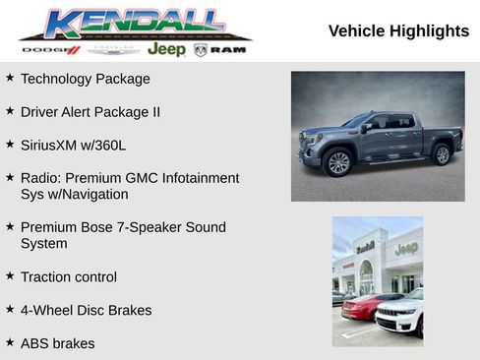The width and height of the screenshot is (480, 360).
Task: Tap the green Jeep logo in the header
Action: tap(166, 49)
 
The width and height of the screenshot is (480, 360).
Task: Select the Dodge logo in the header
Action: tap(50, 49)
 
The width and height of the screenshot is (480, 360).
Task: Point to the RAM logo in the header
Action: tap(220, 49)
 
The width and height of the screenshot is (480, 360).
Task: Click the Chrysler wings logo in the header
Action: tap(113, 49)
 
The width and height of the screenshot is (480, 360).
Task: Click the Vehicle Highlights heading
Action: tap(398, 31)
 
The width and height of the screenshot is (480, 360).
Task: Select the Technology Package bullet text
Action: tap(86, 79)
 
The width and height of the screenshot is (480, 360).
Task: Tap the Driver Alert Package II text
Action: tap(90, 112)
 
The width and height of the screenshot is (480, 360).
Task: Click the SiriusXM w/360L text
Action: tap(74, 145)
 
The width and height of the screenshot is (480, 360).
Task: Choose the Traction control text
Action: tap(69, 276)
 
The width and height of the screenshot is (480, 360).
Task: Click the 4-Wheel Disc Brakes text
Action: tap(86, 310)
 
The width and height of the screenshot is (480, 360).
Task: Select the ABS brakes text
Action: tap(58, 343)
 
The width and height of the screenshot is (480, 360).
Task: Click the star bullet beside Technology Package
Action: tap(10, 77)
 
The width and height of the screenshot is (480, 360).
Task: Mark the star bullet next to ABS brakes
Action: tap(10, 341)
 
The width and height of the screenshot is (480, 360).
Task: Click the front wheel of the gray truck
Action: tap(338, 162)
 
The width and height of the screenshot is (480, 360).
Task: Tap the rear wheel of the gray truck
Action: tap(442, 154)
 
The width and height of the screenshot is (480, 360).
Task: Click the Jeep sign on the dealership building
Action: tap(406, 248)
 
